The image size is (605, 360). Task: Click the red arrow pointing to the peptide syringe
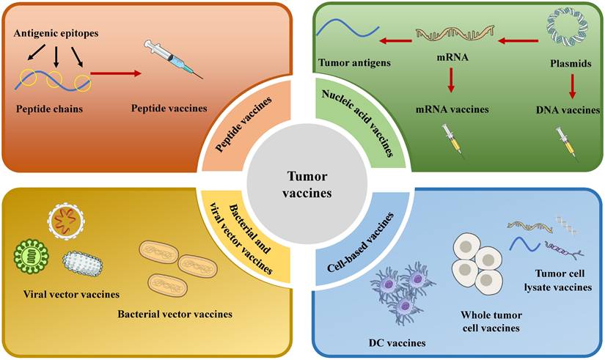point(117,73)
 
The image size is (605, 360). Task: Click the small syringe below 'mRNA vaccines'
point(450,139)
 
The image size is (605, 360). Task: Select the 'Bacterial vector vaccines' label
point(175,314)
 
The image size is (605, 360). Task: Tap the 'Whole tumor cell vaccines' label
point(491,321)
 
